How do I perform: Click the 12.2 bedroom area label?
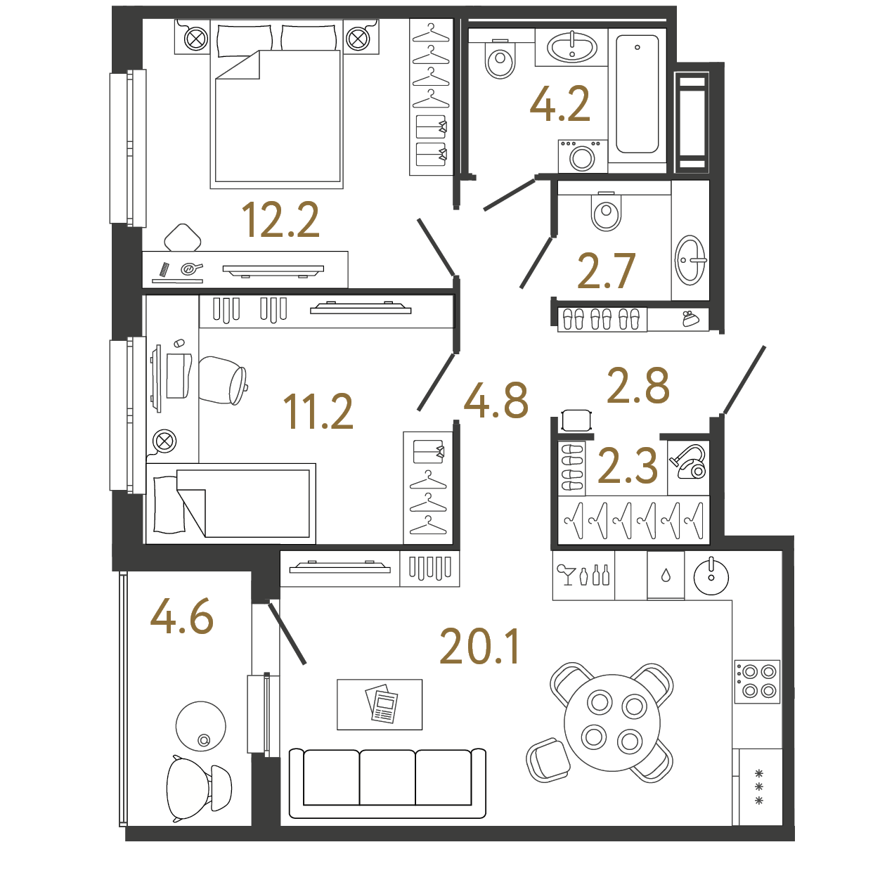(x=280, y=220)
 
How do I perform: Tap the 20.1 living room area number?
(x=479, y=647)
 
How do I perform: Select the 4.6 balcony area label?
(x=182, y=616)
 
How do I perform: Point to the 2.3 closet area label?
(x=628, y=466)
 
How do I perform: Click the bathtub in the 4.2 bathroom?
(x=637, y=94)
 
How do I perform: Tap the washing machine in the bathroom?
(x=583, y=156)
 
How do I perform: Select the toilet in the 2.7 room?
(x=606, y=211)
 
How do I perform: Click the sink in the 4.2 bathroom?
(x=571, y=47)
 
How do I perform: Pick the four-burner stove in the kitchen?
(x=757, y=682)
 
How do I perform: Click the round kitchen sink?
(x=711, y=577)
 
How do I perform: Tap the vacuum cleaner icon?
(x=688, y=462)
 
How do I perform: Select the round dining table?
(x=612, y=723)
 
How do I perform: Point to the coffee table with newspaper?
(x=380, y=705)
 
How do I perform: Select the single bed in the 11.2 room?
(x=231, y=503)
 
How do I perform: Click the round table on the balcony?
(x=200, y=726)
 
